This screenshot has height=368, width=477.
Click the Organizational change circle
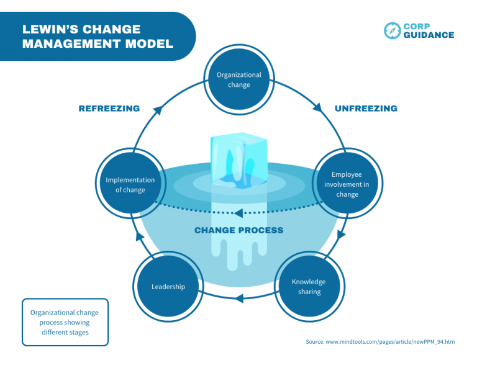tap(238, 80)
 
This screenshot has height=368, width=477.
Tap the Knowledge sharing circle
tap(308, 286)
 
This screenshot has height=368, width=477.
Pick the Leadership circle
tap(168, 286)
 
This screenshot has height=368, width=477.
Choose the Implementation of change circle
tap(130, 184)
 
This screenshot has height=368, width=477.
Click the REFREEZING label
tap(109, 109)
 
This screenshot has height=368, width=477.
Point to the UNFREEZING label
tap(366, 109)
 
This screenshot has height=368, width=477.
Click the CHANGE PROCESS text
tap(238, 230)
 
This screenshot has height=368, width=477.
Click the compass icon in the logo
tap(392, 30)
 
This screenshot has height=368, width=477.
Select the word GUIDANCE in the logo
tap(429, 35)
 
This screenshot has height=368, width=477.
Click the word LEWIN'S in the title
tap(52, 29)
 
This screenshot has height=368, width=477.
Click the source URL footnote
tap(380, 342)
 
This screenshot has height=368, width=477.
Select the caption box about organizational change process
tap(65, 322)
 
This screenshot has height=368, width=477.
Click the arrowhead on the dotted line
tap(238, 213)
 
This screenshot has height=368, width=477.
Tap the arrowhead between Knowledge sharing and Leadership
tap(239, 298)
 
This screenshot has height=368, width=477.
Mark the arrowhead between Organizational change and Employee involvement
tap(317, 107)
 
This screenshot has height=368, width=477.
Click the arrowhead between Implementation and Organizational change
tap(157, 110)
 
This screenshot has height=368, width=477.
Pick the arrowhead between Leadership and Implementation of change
tap(140, 236)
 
